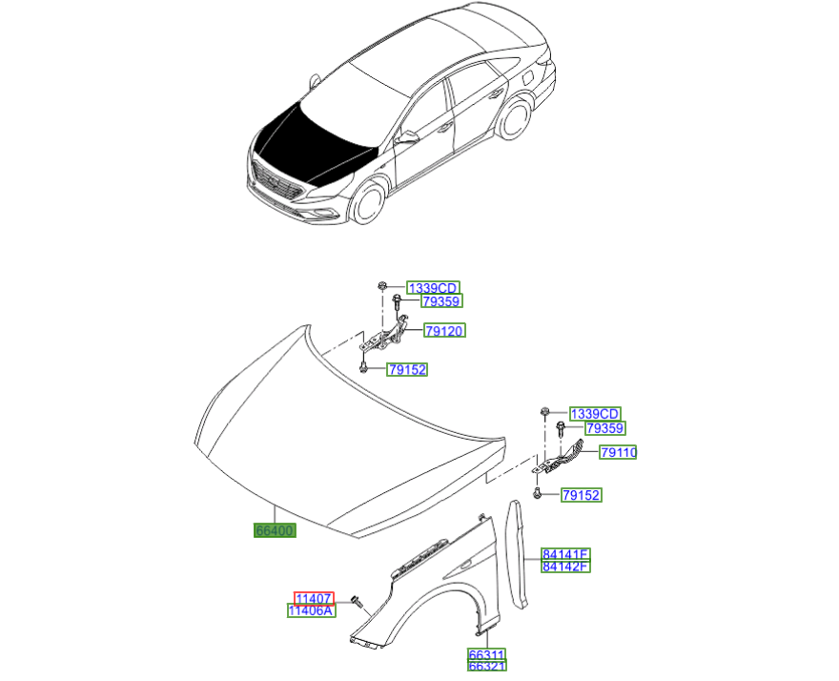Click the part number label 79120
(445, 331)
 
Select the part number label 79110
(618, 452)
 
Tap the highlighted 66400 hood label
(274, 530)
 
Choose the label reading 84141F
(565, 554)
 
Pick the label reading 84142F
(565, 567)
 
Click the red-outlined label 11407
(314, 597)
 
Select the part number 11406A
(312, 610)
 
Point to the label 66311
(486, 656)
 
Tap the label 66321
(486, 669)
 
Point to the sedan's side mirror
(408, 138)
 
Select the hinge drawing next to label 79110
(563, 459)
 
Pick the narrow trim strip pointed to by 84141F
(520, 553)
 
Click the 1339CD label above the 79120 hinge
(433, 288)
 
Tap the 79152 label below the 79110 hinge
(581, 495)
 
